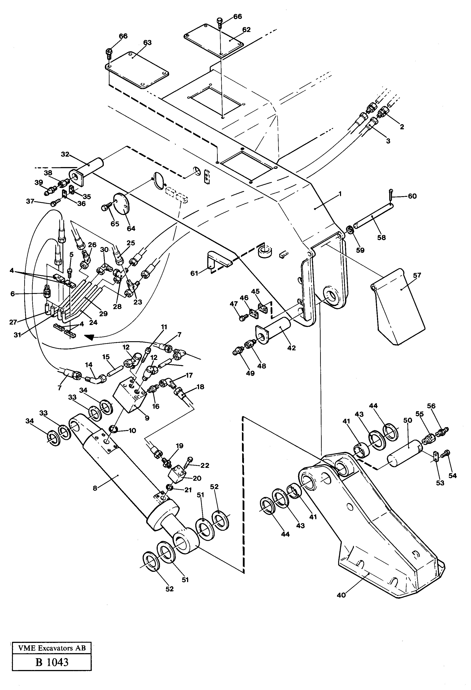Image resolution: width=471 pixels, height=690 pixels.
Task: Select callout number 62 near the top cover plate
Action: [x=246, y=30]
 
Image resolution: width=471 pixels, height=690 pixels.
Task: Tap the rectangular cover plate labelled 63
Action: [x=138, y=70]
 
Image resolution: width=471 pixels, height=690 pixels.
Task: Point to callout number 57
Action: [x=417, y=275]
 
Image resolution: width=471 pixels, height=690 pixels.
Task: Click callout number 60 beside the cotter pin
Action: [x=412, y=196]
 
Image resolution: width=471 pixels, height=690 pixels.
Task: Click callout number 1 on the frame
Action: [x=340, y=194]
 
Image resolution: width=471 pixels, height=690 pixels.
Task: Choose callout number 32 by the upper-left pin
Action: [x=65, y=154]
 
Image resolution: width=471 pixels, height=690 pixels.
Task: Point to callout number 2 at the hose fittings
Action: [x=402, y=127]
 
